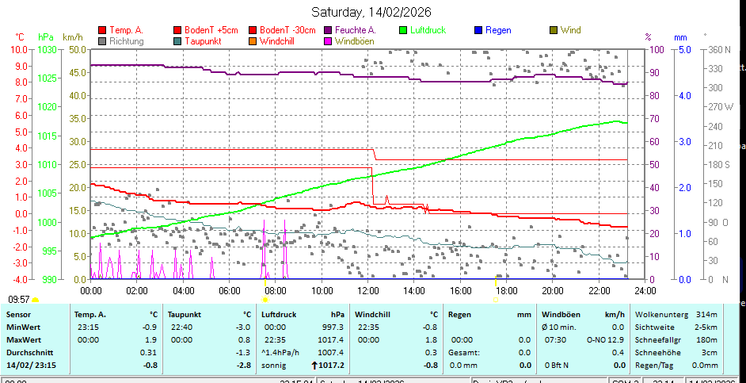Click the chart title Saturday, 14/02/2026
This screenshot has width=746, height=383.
click(x=371, y=12)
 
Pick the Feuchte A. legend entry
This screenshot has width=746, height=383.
click(x=353, y=30)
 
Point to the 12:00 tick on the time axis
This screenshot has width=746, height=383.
click(x=368, y=291)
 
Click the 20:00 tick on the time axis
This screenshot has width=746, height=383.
click(x=552, y=291)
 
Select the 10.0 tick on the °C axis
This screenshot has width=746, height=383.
click(x=19, y=49)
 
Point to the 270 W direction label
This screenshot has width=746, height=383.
click(x=721, y=106)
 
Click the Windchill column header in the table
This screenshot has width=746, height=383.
click(x=373, y=314)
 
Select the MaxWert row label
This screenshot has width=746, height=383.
click(x=23, y=339)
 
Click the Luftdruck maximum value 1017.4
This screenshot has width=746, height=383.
click(x=329, y=339)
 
